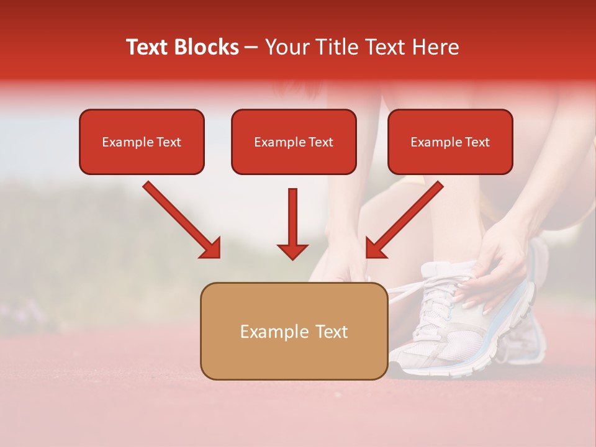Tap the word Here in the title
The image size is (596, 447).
pyautogui.click(x=436, y=47)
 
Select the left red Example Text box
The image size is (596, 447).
pyautogui.click(x=142, y=142)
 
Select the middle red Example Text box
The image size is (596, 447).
pyautogui.click(x=294, y=142)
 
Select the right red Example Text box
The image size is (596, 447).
pyautogui.click(x=450, y=142)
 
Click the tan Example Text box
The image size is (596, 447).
pyautogui.click(x=294, y=331)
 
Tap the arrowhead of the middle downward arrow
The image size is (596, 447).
pyautogui.click(x=292, y=251)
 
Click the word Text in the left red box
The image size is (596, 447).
pyautogui.click(x=168, y=142)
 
